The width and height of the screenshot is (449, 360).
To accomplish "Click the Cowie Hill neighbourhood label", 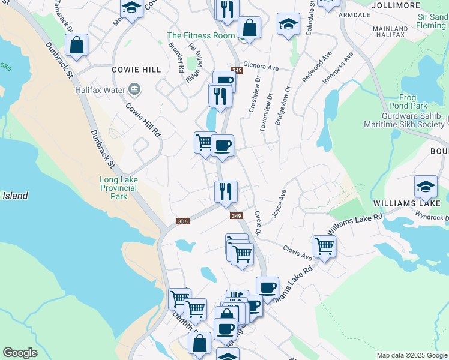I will (136, 70).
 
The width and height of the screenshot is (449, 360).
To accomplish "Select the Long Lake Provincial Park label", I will (118, 187).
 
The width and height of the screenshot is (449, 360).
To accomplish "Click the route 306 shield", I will (184, 221).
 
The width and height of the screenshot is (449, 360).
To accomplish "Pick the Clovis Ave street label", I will (298, 252).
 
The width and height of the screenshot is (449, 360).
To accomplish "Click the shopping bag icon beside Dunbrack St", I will (77, 45).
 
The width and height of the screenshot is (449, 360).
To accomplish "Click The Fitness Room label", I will (201, 36).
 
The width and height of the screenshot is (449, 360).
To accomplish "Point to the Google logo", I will (20, 353).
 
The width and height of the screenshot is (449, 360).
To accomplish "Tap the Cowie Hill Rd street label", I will (144, 118).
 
